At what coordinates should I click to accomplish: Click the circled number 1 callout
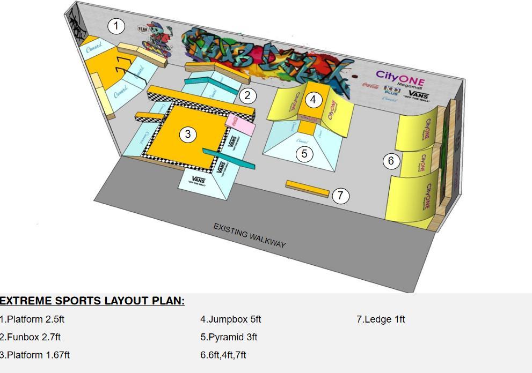[x=116, y=26]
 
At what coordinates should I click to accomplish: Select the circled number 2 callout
[x=247, y=96]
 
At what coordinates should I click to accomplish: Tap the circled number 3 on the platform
[x=187, y=134]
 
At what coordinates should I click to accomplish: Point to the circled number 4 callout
[x=314, y=99]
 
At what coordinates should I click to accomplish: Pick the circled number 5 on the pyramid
[x=304, y=154]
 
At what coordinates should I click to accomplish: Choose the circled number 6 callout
[x=391, y=160]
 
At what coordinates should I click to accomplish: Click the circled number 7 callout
[x=340, y=196]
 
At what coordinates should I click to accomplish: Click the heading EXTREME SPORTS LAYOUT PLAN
[x=92, y=301]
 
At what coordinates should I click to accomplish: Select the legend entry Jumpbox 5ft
[x=231, y=319]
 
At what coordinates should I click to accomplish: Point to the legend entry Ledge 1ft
[x=381, y=319]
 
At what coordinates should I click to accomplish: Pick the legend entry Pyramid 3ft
[x=229, y=337]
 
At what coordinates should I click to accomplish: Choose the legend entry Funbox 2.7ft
[x=31, y=337]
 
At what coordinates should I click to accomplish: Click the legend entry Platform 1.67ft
[x=35, y=355]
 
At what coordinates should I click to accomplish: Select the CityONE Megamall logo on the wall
[x=400, y=79]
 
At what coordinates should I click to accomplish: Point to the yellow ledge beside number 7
[x=307, y=188]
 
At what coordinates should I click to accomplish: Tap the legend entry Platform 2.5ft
[x=32, y=319]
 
